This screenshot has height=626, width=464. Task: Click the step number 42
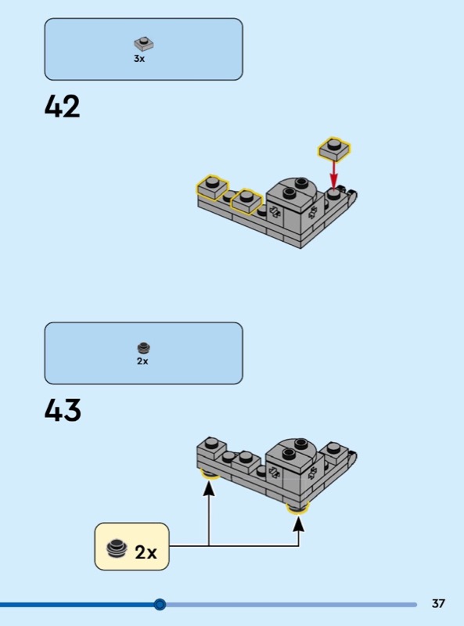click(x=63, y=106)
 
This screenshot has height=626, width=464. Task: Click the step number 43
click(x=63, y=410)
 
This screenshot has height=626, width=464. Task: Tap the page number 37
click(x=438, y=603)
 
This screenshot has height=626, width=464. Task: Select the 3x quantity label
click(x=139, y=59)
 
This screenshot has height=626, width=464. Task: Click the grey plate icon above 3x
click(x=144, y=43)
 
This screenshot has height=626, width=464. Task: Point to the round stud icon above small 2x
click(x=143, y=347)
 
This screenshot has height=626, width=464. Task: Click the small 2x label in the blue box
click(x=142, y=361)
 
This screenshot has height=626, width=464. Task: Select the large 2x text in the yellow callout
click(x=146, y=552)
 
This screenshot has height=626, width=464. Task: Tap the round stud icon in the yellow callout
click(x=117, y=549)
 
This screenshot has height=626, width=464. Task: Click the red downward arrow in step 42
click(x=334, y=174)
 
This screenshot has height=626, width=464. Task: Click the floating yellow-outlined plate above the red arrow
click(x=334, y=149)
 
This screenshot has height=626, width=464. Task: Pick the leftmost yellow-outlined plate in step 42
click(x=212, y=187)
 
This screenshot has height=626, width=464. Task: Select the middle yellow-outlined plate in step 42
click(x=246, y=201)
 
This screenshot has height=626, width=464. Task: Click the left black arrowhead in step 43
click(x=208, y=487)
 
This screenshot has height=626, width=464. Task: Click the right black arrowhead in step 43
click(x=298, y=523)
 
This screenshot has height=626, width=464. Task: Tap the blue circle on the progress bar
click(x=160, y=604)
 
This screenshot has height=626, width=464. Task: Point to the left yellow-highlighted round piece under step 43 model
click(x=210, y=474)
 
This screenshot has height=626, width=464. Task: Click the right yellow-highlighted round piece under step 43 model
click(x=298, y=508)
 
